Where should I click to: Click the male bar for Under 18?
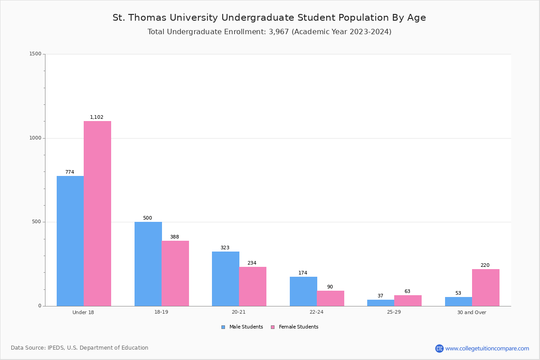pyautogui.click(x=70, y=241)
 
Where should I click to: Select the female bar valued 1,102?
pyautogui.click(x=97, y=213)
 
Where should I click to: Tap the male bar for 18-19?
pyautogui.click(x=148, y=264)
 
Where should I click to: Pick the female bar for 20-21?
pyautogui.click(x=252, y=286)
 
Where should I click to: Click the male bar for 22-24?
pyautogui.click(x=303, y=291)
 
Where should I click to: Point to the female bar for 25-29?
pyautogui.click(x=408, y=301)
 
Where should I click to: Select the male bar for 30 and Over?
pyautogui.click(x=459, y=301)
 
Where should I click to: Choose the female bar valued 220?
pyautogui.click(x=486, y=288)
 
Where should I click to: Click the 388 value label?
pyautogui.click(x=175, y=237)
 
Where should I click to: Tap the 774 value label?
pyautogui.click(x=70, y=172)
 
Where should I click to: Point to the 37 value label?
pyautogui.click(x=380, y=296)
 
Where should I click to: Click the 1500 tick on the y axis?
pyautogui.click(x=36, y=54)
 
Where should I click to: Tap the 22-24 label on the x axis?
pyautogui.click(x=316, y=312)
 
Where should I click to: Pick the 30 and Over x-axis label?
pyautogui.click(x=472, y=312)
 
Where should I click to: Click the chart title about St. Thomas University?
pyautogui.click(x=269, y=18)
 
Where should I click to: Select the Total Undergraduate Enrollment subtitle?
pyautogui.click(x=269, y=32)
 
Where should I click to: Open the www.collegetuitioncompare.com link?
pyautogui.click(x=487, y=348)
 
